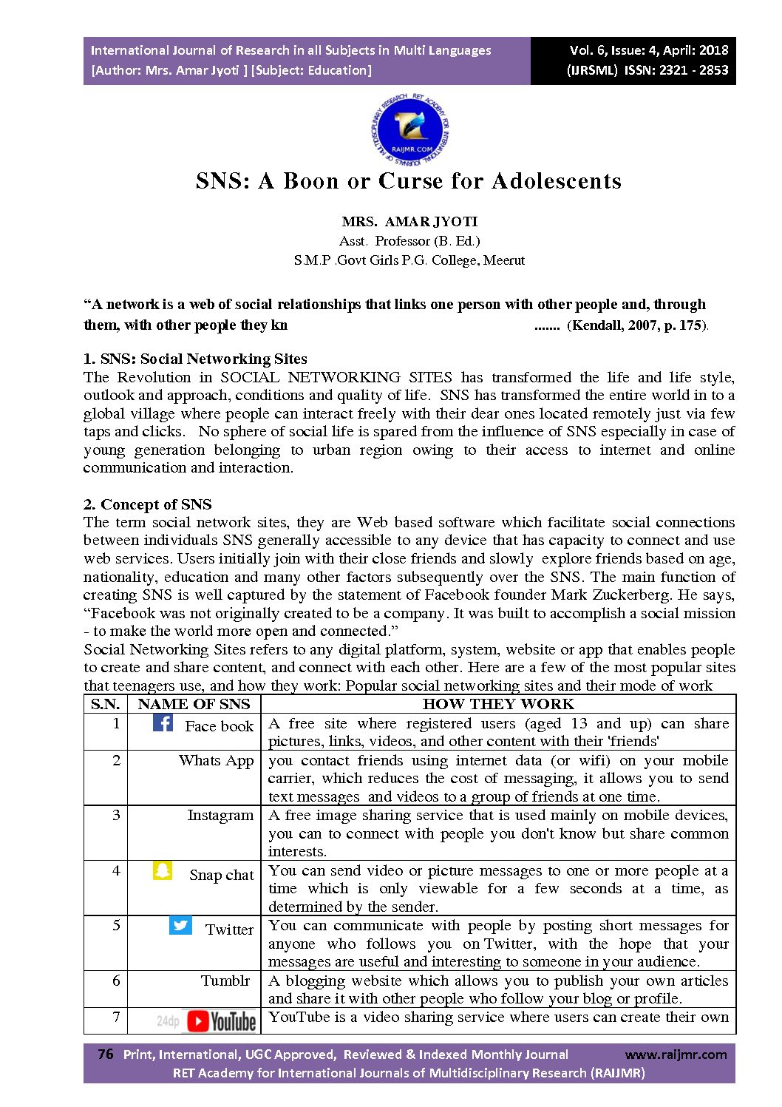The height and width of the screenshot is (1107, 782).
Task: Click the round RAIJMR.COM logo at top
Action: pyautogui.click(x=409, y=130)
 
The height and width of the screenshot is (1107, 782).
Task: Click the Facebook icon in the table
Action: pyautogui.click(x=163, y=722)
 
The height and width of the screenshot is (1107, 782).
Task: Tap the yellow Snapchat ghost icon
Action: pyautogui.click(x=163, y=870)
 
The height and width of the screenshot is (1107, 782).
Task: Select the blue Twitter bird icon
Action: pyautogui.click(x=180, y=925)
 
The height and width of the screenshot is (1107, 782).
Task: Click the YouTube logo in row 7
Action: pyautogui.click(x=221, y=1021)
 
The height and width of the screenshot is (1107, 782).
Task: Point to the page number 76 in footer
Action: pyautogui.click(x=106, y=1054)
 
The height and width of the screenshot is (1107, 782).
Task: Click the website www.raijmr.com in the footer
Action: pyautogui.click(x=676, y=1054)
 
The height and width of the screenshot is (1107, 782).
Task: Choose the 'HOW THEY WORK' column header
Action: pyautogui.click(x=498, y=704)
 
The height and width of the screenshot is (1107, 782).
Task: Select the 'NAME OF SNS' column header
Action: pyautogui.click(x=194, y=704)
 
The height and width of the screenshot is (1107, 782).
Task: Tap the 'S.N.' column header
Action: pyautogui.click(x=106, y=704)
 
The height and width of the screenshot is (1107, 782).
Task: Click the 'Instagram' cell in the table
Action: pyautogui.click(x=220, y=815)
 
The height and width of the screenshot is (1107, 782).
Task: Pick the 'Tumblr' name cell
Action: pyautogui.click(x=225, y=981)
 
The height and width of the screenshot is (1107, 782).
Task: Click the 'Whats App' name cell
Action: pyautogui.click(x=216, y=760)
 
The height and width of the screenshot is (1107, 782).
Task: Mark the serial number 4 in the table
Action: pyautogui.click(x=116, y=870)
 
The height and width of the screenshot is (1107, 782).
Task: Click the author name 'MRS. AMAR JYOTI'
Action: pyautogui.click(x=409, y=221)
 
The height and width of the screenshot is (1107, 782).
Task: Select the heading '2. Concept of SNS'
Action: pyautogui.click(x=147, y=504)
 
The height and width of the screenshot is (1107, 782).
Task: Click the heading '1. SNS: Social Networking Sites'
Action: pyautogui.click(x=195, y=359)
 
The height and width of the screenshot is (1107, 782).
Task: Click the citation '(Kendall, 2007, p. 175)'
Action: pyautogui.click(x=637, y=325)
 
